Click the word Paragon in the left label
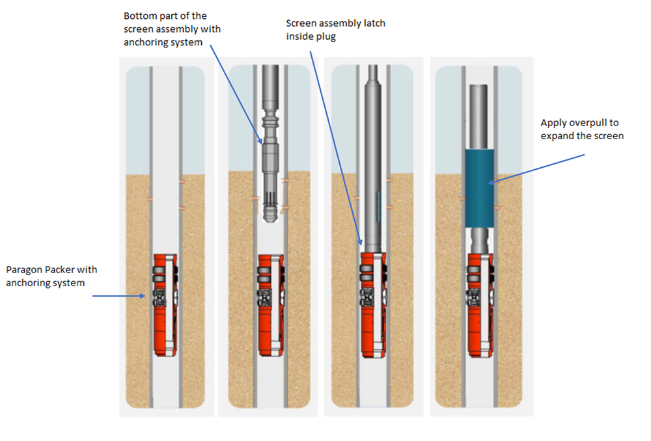23,269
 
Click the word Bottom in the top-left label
139,16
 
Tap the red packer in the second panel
269,304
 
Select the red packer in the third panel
370,304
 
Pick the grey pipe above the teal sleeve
480,117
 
